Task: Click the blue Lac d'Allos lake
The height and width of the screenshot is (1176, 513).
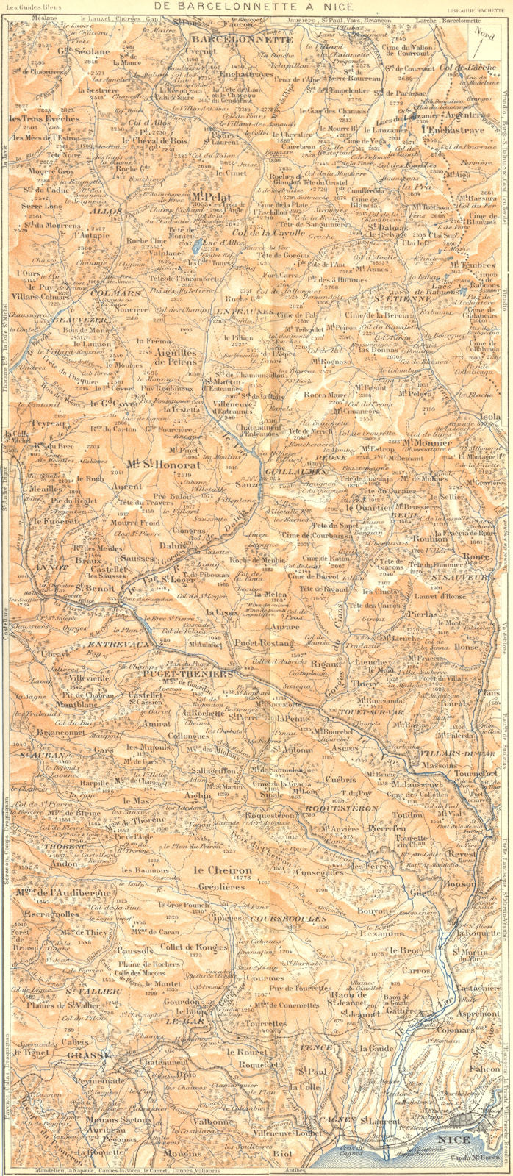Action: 193,248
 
